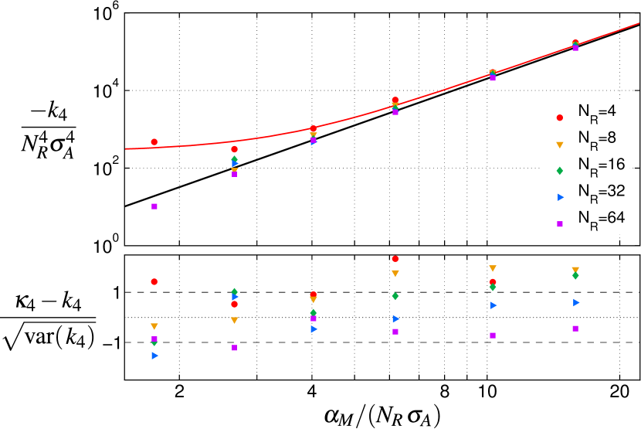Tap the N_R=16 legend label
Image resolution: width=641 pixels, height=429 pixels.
(601, 165)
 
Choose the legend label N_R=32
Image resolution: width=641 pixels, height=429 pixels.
(601, 192)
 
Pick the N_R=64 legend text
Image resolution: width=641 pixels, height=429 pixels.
(601, 219)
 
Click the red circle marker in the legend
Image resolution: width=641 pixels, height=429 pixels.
(560, 117)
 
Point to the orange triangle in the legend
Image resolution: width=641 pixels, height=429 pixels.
(560, 144)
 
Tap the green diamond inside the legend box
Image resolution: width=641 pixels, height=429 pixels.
(560, 170)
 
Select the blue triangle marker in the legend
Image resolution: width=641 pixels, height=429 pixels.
(560, 197)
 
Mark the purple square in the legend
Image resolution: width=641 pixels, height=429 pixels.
(560, 223)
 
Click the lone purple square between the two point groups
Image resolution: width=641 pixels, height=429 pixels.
(154, 206)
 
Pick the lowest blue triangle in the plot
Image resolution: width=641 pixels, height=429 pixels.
(154, 356)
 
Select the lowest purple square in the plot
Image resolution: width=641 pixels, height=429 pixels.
(234, 348)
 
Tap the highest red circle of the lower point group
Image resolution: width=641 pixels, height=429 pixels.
(395, 259)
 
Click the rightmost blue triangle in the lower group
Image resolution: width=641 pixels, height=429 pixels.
(576, 302)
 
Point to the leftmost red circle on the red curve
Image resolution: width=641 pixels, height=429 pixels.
(154, 142)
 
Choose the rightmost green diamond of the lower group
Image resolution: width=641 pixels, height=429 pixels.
(575, 276)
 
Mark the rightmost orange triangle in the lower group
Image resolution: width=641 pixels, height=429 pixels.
(575, 270)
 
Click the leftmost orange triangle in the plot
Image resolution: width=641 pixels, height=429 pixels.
(154, 326)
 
